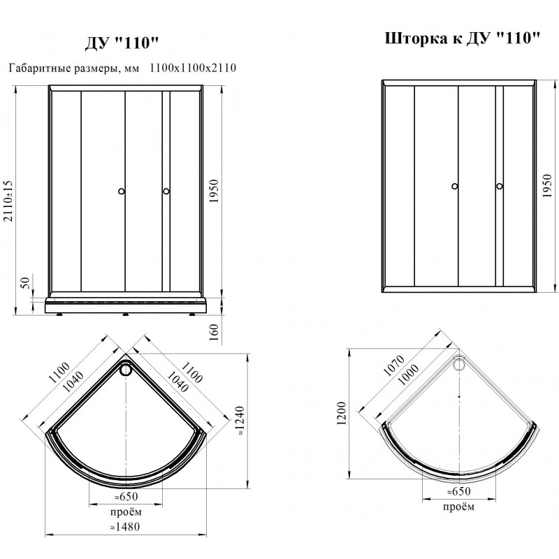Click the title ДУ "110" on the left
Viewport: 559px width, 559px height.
coord(121,43)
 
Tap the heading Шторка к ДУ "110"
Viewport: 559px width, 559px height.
coord(463,38)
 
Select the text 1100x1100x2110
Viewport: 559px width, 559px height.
coord(193,68)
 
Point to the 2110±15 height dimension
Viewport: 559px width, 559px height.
coord(8,201)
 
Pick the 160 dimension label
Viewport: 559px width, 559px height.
coord(214,332)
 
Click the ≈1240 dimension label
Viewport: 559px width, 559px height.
coord(240,421)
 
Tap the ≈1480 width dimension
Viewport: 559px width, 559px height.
coord(125,527)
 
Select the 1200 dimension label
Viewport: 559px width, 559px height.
coord(342,413)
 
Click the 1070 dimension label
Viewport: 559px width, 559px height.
coord(393,365)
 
